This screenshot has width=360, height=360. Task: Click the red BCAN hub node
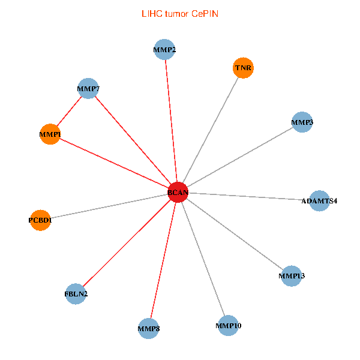click(x=178, y=193)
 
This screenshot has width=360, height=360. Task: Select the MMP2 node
click(x=164, y=50)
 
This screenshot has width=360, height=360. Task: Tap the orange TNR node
click(x=243, y=68)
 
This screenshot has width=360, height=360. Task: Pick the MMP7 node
click(x=88, y=88)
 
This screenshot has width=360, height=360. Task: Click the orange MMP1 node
click(x=50, y=134)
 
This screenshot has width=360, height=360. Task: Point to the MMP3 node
click(x=302, y=122)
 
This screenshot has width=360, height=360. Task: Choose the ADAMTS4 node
click(x=319, y=201)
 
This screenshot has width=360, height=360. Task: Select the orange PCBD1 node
click(x=40, y=220)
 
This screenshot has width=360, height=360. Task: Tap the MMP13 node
click(x=292, y=276)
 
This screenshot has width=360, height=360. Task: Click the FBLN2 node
click(x=76, y=294)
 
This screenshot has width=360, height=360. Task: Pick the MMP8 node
click(x=149, y=329)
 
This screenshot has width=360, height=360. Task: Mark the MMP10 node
click(x=228, y=326)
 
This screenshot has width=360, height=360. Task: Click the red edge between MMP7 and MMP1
click(x=69, y=112)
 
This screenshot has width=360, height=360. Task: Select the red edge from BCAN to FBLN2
click(x=127, y=243)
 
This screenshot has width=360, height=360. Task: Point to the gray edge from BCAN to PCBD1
click(x=109, y=206)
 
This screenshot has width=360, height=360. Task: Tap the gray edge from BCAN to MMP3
click(x=240, y=157)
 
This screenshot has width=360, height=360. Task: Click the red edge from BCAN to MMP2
click(x=171, y=121)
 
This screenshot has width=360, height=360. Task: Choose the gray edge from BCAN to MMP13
click(x=235, y=234)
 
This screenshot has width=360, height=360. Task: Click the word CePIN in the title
click(x=205, y=14)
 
